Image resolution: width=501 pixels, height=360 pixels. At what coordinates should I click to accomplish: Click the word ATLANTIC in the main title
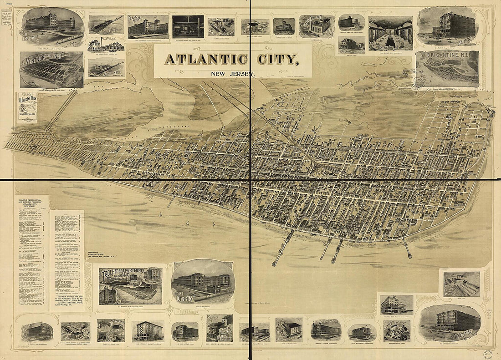206,60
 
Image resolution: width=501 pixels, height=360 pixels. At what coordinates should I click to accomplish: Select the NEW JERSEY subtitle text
233,74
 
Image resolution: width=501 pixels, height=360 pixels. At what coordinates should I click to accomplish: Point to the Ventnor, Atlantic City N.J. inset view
51,69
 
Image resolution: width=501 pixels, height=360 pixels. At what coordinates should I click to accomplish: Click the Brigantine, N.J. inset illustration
447,68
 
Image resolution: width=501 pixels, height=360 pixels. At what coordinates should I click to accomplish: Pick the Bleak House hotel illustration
148,26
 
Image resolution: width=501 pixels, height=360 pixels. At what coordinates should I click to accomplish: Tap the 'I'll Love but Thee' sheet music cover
27,108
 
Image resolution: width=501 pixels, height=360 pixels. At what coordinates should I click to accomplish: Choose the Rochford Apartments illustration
130,285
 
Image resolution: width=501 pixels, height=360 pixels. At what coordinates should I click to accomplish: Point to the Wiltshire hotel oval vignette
450,320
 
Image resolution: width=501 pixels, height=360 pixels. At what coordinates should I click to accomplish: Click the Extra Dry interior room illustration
390,33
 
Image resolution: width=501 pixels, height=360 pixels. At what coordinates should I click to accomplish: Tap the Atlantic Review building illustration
220,328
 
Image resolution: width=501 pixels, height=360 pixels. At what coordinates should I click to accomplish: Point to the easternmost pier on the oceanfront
407,248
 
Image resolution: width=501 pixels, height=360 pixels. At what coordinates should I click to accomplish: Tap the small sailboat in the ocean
187,223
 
